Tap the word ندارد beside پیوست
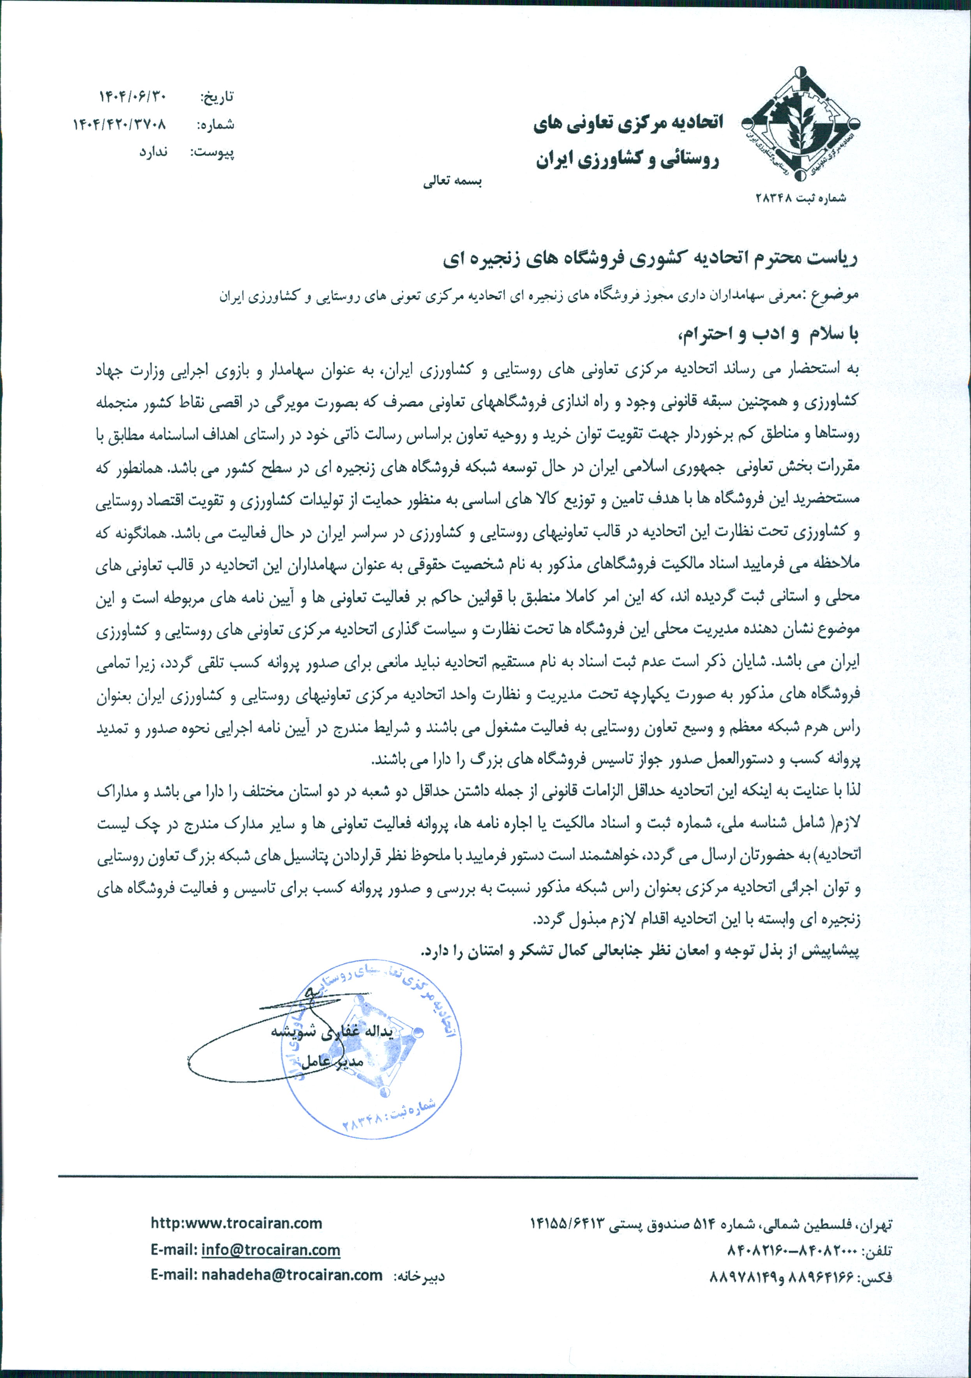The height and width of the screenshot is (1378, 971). [154, 152]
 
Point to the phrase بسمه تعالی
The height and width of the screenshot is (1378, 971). [452, 181]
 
